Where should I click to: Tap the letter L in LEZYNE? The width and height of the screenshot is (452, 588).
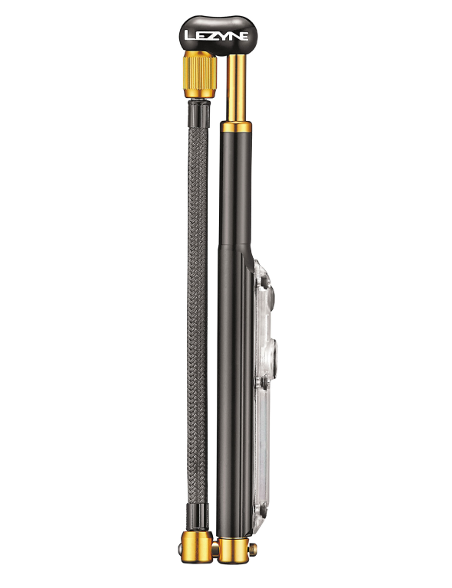pyautogui.click(x=190, y=35)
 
